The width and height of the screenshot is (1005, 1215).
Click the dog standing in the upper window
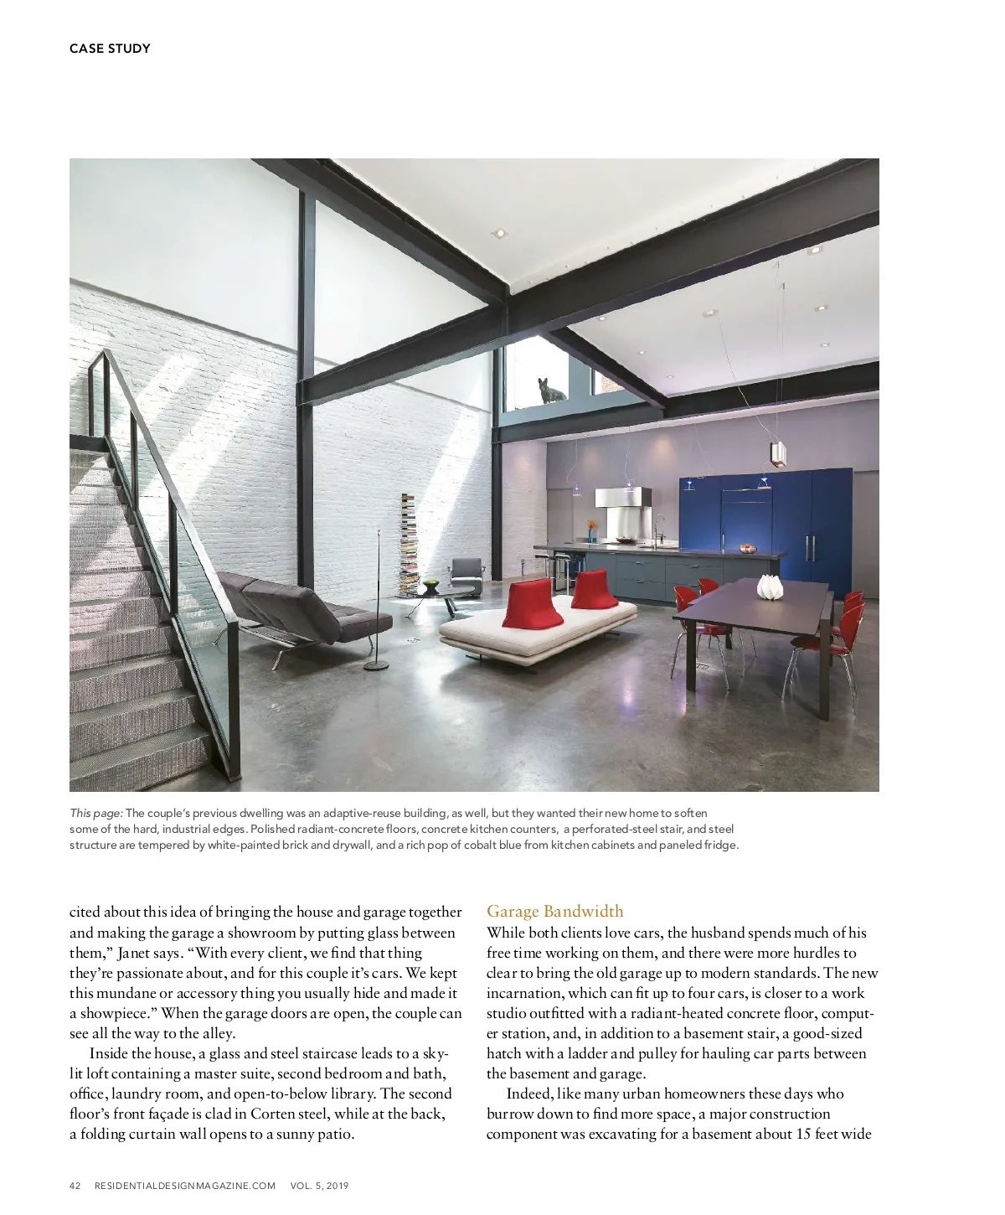tap(549, 390)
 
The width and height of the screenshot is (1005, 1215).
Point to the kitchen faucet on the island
tap(658, 530)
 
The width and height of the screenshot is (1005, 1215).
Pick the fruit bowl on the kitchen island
tap(745, 549)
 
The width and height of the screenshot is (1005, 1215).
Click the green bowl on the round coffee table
tap(430, 582)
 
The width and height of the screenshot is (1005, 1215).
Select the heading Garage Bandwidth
tap(554, 912)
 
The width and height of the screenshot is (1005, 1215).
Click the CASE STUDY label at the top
tap(110, 49)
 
